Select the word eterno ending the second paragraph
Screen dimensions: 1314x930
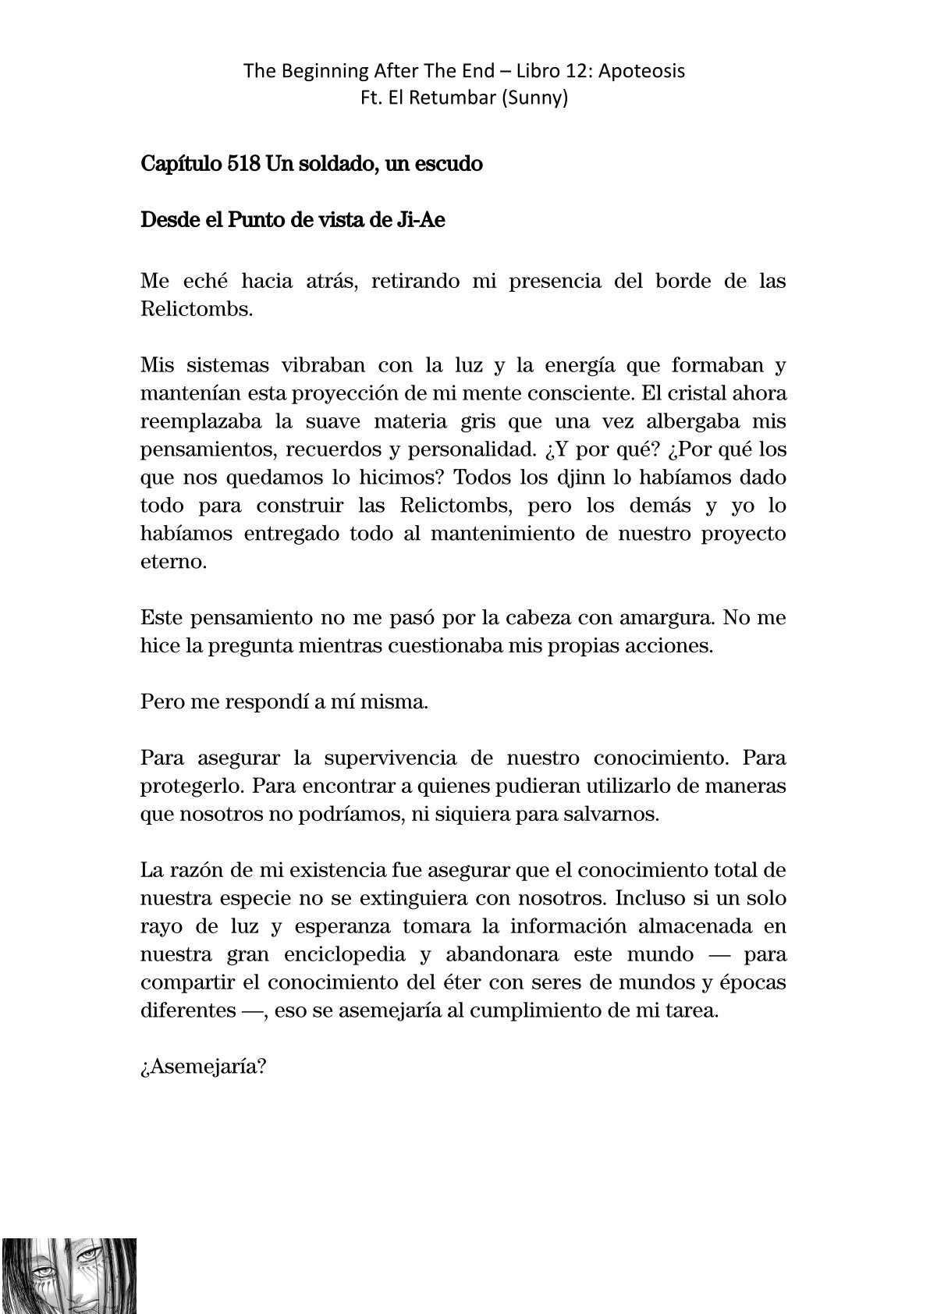pos(173,562)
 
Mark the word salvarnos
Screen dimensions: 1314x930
pos(617,815)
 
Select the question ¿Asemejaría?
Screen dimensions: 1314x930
pos(204,1067)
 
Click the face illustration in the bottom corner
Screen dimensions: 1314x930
pos(69,1275)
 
